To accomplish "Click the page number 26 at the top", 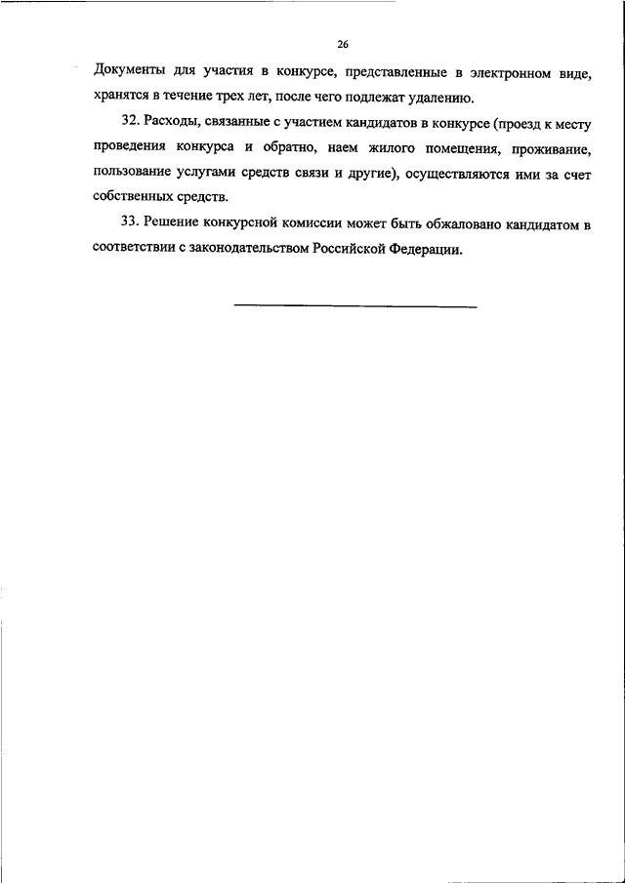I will point(343,44).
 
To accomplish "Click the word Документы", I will point(132,71).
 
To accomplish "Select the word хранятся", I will point(126,98).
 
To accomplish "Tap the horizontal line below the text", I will point(355,307).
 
